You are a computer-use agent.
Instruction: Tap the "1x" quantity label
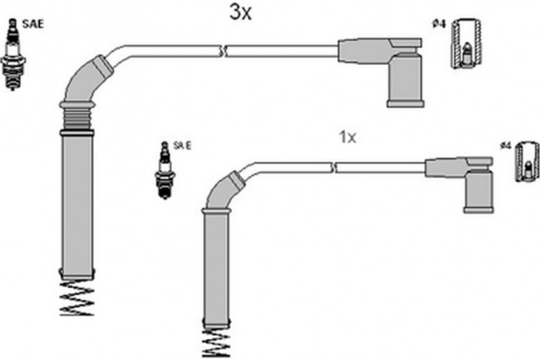(347, 137)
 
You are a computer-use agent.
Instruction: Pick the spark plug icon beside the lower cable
(165, 168)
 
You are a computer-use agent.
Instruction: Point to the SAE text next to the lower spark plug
(183, 145)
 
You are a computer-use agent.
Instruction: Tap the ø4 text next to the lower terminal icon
(505, 144)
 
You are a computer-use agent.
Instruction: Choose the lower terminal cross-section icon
(526, 162)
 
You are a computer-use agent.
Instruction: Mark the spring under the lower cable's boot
(218, 342)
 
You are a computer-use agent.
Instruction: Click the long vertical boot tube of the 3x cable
(77, 202)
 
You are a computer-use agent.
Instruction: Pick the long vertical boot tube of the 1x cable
(217, 270)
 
